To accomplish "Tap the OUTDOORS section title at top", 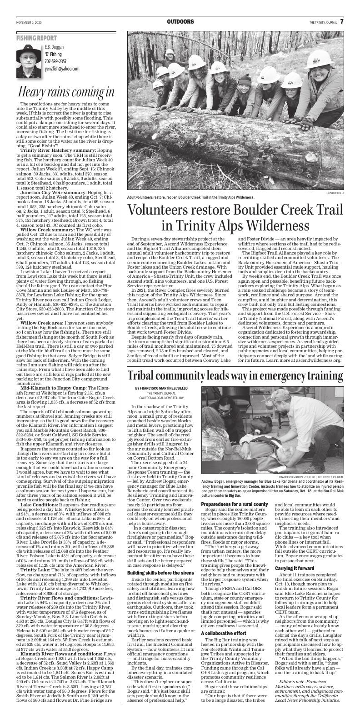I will (180, 22).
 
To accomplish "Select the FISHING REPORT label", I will (34, 39).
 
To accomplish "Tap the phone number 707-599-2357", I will (55, 61).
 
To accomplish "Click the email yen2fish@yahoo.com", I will (62, 69).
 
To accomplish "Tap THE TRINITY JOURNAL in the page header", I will (323, 22).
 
